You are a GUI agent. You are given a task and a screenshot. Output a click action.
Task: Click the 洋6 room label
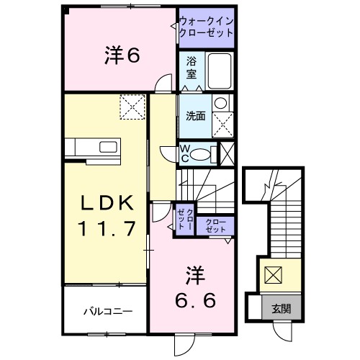pyautogui.click(x=122, y=55)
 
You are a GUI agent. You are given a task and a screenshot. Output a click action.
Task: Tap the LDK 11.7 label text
pyautogui.click(x=107, y=215)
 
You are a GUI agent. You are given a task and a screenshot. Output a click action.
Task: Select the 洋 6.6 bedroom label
pyautogui.click(x=195, y=287)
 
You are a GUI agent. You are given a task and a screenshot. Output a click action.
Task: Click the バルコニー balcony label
pyautogui.click(x=108, y=312)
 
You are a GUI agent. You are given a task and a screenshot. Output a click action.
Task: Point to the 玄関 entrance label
pyautogui.click(x=282, y=309)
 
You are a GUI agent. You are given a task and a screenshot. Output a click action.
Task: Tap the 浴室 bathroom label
pyautogui.click(x=192, y=68)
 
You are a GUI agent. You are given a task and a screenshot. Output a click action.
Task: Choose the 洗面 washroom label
pyautogui.click(x=196, y=116)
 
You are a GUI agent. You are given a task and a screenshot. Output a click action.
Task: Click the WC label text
pyautogui.click(x=184, y=153)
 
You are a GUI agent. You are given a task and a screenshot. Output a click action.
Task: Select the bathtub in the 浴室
pyautogui.click(x=220, y=71)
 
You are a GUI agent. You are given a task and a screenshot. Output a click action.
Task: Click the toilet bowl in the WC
pyautogui.click(x=201, y=155)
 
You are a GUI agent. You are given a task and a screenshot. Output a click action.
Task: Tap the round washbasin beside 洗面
pyautogui.click(x=221, y=103)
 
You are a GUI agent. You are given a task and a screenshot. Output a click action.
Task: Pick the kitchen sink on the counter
pyautogui.click(x=108, y=147)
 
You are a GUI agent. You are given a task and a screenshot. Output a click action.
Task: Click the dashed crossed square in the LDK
pyautogui.click(x=132, y=107)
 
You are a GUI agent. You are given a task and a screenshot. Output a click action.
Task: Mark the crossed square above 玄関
pyautogui.click(x=273, y=275)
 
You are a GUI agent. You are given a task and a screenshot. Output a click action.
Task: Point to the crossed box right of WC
pyautogui.click(x=227, y=154)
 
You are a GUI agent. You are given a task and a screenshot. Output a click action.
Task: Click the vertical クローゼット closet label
pyautogui.click(x=185, y=219)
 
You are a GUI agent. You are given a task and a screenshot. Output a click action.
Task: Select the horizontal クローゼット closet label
pyautogui.click(x=216, y=225)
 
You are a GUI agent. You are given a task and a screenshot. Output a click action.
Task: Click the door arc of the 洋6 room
pyautogui.click(x=161, y=80)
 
